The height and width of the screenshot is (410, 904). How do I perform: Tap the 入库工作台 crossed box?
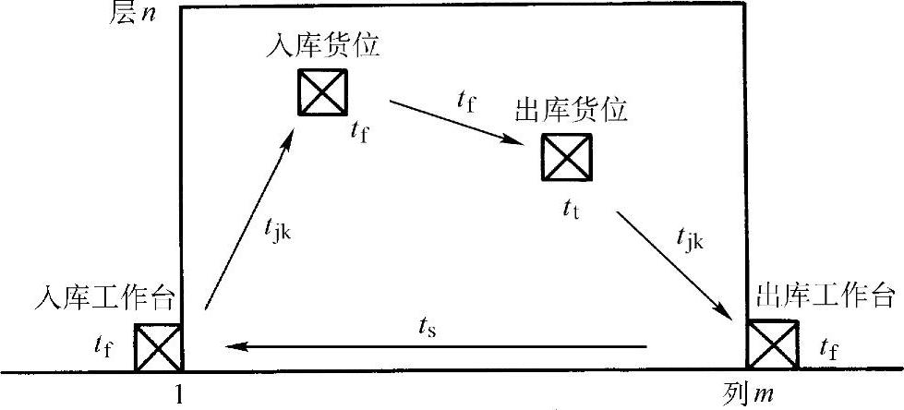click(x=158, y=348)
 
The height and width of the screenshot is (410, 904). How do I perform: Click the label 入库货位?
click(x=321, y=45)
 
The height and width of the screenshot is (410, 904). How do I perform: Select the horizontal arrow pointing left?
click(x=435, y=347)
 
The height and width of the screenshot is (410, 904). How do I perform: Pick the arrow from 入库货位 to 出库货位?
click(x=458, y=122)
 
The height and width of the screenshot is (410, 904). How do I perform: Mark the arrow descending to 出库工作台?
click(x=678, y=267)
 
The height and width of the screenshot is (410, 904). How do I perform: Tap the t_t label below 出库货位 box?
click(x=571, y=209)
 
